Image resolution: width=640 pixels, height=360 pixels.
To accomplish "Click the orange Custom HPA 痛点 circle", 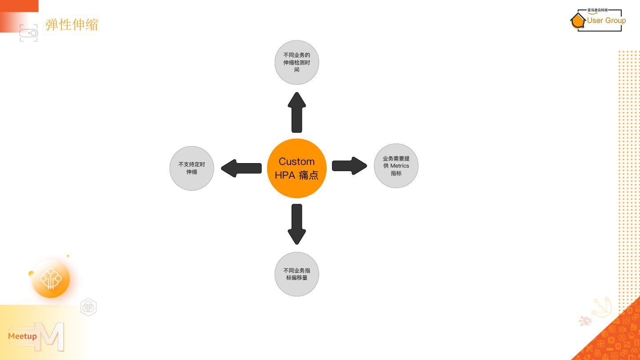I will pyautogui.click(x=296, y=168).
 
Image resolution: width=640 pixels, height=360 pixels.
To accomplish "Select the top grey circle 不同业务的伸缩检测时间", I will pyautogui.click(x=297, y=62).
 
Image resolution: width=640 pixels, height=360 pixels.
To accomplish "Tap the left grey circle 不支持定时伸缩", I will pyautogui.click(x=192, y=168).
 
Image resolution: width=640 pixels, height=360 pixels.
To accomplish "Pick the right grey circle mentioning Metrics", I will pyautogui.click(x=396, y=166).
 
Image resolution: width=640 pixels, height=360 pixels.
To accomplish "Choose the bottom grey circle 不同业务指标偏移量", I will pyautogui.click(x=297, y=274).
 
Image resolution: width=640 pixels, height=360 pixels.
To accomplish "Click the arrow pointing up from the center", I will pyautogui.click(x=297, y=112).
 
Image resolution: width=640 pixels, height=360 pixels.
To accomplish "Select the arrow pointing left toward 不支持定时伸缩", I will pyautogui.click(x=241, y=168).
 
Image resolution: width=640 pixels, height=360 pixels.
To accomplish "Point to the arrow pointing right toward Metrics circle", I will pyautogui.click(x=349, y=166).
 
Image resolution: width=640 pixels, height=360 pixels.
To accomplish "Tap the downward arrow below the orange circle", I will pyautogui.click(x=297, y=224).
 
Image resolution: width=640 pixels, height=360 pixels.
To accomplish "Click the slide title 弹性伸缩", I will pyautogui.click(x=72, y=24).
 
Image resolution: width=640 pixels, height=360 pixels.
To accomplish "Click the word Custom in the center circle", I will pyautogui.click(x=296, y=161).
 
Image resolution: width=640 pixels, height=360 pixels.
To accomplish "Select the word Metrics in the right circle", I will pyautogui.click(x=400, y=166).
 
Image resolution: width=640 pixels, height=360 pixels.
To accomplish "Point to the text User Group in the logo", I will pyautogui.click(x=606, y=20).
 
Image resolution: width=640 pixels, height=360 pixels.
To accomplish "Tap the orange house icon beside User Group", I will pyautogui.click(x=578, y=20).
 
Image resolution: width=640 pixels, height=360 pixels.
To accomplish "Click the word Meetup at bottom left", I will pyautogui.click(x=22, y=336).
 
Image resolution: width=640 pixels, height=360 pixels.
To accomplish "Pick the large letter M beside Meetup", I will pyautogui.click(x=52, y=336).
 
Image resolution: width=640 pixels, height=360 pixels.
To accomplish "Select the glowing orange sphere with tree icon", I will pyautogui.click(x=51, y=279).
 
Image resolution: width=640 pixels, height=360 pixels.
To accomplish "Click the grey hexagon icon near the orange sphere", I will pyautogui.click(x=88, y=307).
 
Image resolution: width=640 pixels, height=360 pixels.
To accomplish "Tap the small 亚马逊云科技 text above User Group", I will pyautogui.click(x=597, y=10).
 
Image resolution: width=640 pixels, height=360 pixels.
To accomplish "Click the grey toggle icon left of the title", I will pyautogui.click(x=29, y=33).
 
